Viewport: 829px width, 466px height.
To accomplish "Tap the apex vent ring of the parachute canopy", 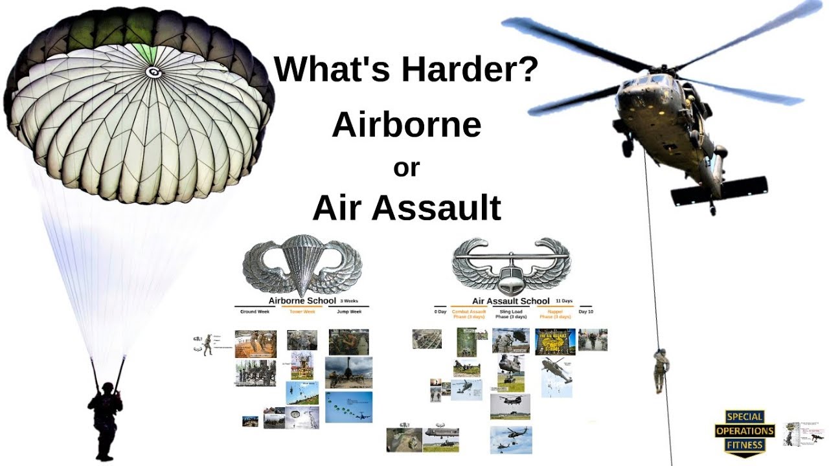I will [x=154, y=72].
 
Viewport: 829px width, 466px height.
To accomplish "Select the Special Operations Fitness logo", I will [x=744, y=431].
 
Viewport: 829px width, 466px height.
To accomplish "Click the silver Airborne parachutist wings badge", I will [x=302, y=265].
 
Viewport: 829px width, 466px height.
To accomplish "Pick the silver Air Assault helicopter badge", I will [x=511, y=265].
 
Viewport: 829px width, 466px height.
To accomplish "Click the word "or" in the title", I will [x=407, y=168].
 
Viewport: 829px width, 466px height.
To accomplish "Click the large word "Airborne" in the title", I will [x=407, y=125].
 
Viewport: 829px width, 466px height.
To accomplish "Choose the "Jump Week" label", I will [x=349, y=312].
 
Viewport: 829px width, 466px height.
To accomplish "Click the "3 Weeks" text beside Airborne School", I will [x=349, y=301].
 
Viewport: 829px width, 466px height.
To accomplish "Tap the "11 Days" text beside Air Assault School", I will [x=564, y=301].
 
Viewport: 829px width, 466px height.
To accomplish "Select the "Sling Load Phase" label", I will [x=511, y=314].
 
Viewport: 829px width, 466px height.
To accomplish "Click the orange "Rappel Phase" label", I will [x=555, y=314].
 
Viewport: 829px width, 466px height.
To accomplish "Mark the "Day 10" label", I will [x=585, y=312].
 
